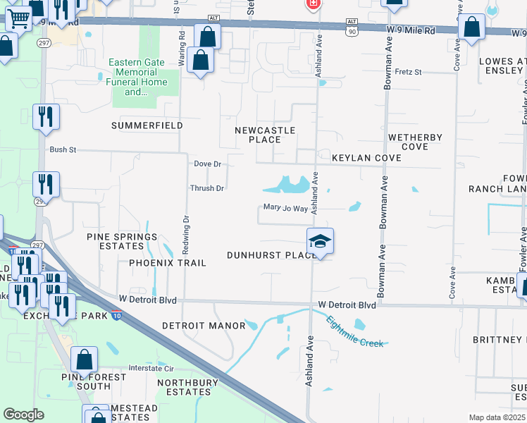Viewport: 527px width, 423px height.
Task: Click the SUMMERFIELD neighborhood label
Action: pos(147,125)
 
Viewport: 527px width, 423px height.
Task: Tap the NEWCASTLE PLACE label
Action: pos(265,135)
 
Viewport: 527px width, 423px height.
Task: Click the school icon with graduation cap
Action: pos(320,242)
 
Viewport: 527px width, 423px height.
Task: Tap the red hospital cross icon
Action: pos(313,4)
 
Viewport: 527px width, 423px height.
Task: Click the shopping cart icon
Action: pos(19,19)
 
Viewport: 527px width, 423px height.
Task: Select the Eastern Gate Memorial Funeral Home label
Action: pos(137,77)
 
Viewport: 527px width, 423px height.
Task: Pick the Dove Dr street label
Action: pos(207,164)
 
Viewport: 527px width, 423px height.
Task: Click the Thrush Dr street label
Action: pos(206,188)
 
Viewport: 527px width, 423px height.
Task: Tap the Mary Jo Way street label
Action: pos(285,208)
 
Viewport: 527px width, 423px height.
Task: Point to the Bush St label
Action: pos(62,149)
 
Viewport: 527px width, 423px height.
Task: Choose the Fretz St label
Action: pos(408,72)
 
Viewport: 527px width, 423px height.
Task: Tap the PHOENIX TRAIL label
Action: pos(168,263)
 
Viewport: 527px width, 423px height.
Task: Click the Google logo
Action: pos(23,415)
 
